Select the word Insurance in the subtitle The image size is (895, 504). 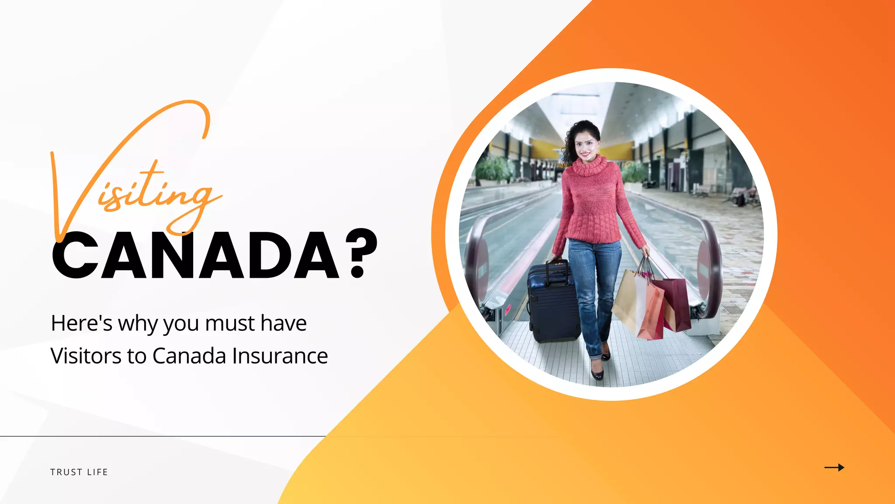[x=280, y=356]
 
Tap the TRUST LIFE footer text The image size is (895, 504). [x=79, y=472]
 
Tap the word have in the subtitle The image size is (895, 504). [x=284, y=324]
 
